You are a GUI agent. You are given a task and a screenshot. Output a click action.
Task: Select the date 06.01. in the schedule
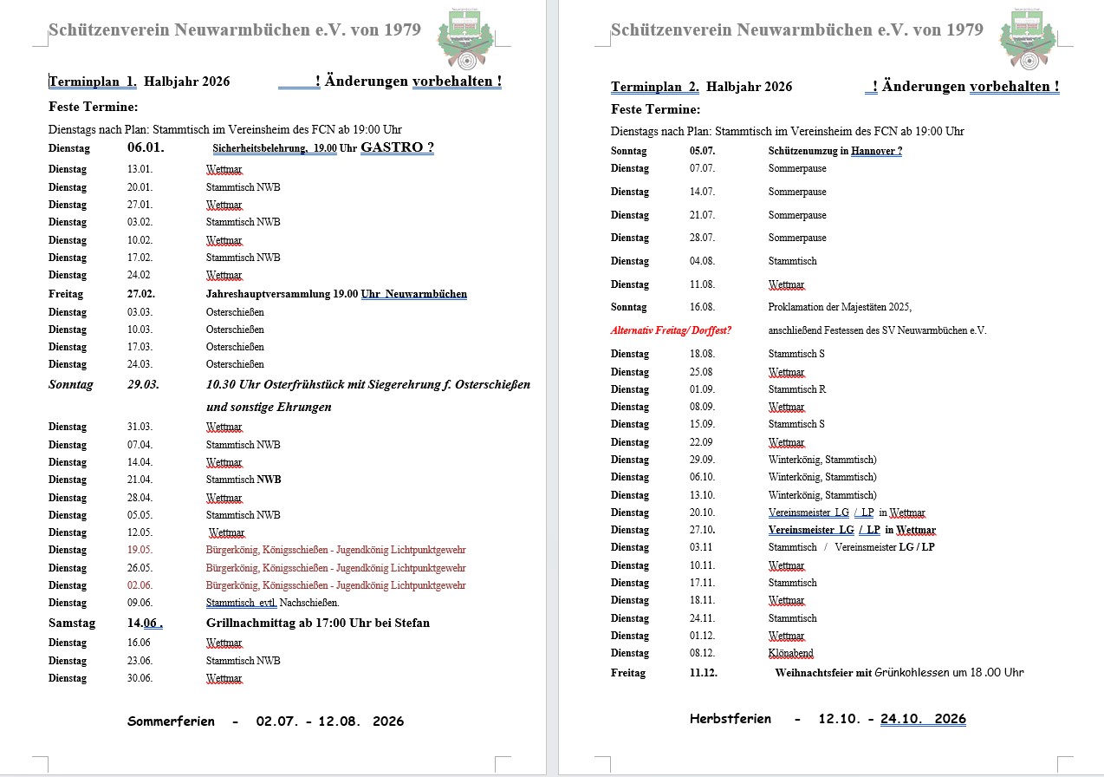(146, 147)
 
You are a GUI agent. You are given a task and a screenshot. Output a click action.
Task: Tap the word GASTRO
(391, 147)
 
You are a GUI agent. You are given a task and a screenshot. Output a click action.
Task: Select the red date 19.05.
(140, 550)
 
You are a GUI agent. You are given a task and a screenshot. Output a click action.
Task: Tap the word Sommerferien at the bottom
(171, 721)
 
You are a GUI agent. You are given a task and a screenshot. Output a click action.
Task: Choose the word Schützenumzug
(805, 151)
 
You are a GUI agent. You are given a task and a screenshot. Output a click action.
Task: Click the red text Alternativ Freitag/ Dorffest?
(671, 330)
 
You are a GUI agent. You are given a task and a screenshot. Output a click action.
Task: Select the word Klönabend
(790, 653)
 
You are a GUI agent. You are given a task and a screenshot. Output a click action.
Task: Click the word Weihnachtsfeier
(814, 673)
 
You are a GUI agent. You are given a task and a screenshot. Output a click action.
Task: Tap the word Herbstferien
(731, 719)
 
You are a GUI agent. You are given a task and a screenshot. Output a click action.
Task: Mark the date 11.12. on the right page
(704, 673)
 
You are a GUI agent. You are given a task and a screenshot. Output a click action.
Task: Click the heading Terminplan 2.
(655, 87)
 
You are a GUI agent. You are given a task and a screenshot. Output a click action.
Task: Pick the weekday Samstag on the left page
(72, 623)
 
